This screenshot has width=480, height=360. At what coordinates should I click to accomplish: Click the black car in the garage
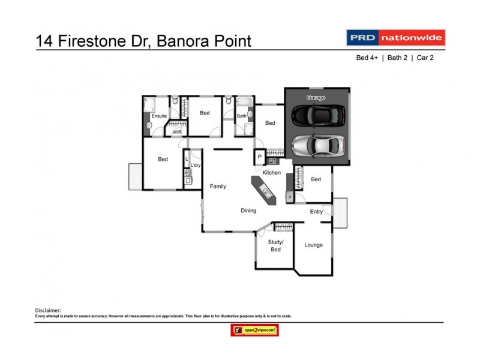(318, 114)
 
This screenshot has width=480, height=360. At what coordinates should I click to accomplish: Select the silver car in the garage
(318, 145)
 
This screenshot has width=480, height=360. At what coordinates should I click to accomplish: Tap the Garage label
(316, 97)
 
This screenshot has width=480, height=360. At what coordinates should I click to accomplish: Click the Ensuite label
(159, 116)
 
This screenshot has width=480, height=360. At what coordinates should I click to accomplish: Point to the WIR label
(177, 131)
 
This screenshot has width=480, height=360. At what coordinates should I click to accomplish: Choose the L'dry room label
(195, 165)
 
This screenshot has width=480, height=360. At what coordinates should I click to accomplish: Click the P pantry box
(260, 157)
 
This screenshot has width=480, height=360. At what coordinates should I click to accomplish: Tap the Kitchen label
(271, 173)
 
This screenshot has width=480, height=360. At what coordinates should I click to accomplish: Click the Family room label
(218, 187)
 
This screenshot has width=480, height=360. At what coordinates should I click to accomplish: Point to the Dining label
(248, 211)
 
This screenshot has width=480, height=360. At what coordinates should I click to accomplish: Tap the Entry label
(316, 211)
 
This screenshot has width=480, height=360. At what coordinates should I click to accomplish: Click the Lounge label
(313, 245)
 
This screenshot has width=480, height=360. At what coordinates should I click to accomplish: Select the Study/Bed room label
(275, 245)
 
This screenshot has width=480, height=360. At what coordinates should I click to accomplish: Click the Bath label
(241, 116)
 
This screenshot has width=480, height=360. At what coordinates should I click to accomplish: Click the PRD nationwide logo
(395, 38)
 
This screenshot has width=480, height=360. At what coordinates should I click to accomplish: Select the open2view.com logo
(254, 330)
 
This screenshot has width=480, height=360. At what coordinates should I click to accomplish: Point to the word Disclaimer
(48, 310)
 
